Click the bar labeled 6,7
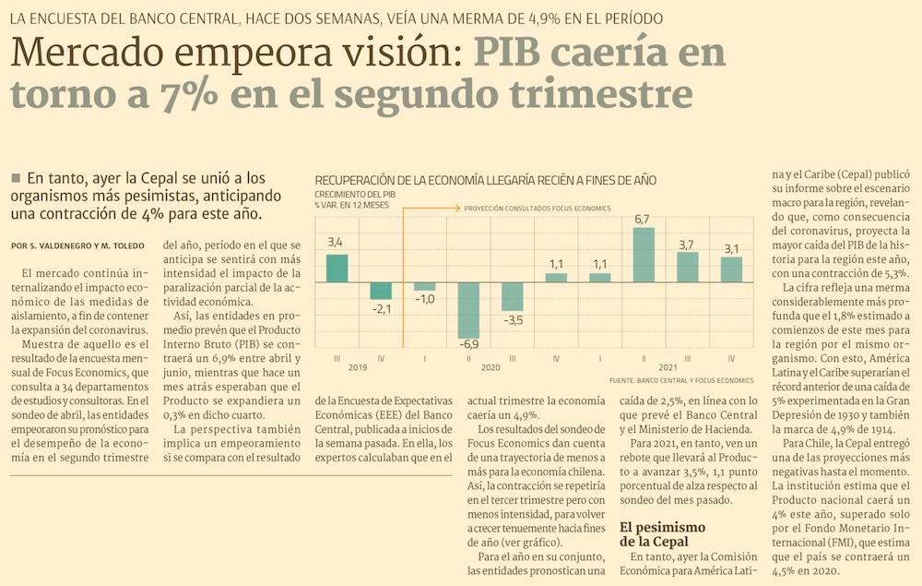point(644,254)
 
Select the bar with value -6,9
point(468,310)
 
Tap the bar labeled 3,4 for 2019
point(337,268)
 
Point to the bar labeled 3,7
point(688,267)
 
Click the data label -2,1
point(382,308)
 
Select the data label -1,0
point(425,300)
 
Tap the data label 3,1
point(731,248)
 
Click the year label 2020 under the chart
point(491,367)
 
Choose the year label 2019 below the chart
point(359,367)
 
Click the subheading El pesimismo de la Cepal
point(655,533)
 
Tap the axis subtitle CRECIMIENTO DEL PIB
point(355,195)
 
